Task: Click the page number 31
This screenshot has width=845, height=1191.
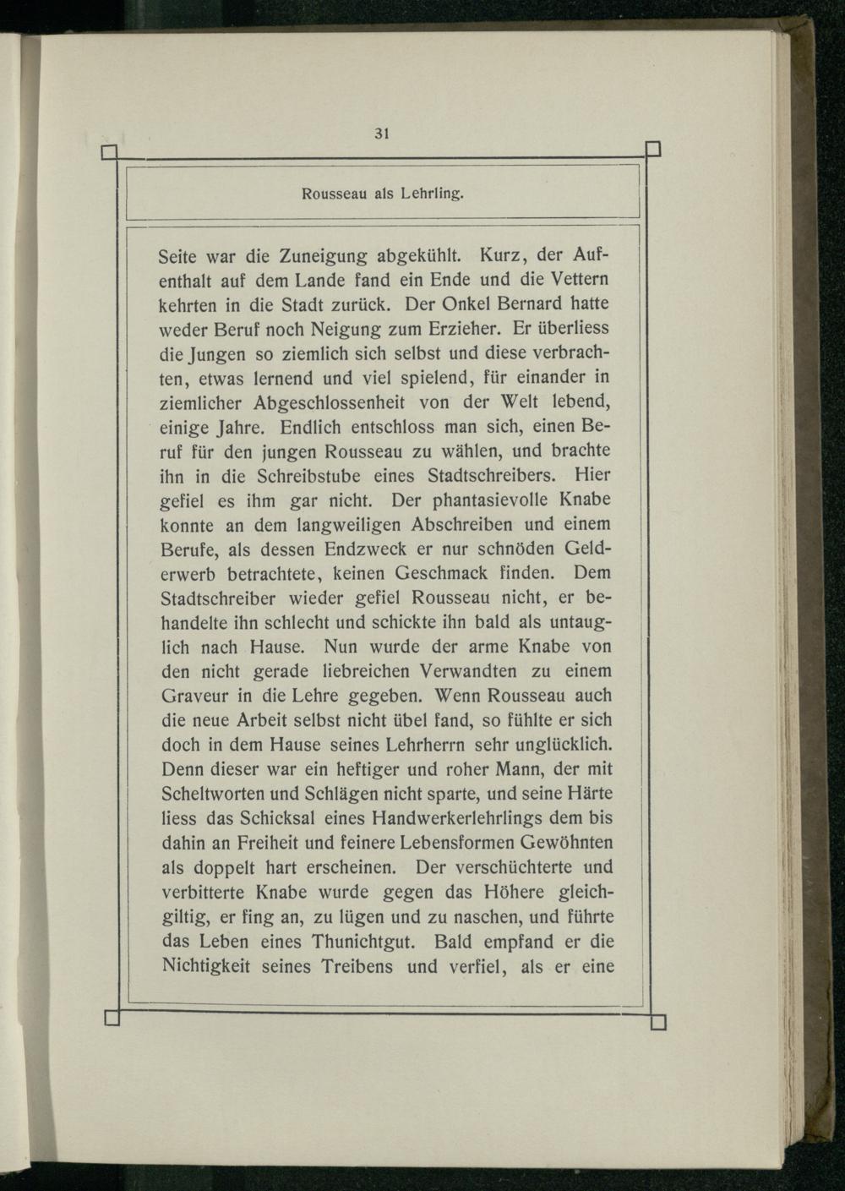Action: [381, 134]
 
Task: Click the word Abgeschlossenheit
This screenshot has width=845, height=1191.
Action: [343, 402]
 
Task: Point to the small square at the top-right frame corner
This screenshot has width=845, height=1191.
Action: [653, 150]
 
